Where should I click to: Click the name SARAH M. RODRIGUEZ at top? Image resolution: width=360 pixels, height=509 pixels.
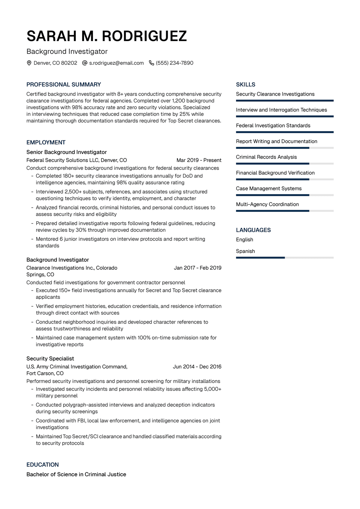tap(106, 36)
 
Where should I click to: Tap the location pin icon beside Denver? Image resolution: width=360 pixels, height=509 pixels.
tap(29, 63)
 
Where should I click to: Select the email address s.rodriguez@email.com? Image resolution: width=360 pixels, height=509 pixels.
tap(116, 63)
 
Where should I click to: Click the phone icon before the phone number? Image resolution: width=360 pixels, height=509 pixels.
tap(151, 63)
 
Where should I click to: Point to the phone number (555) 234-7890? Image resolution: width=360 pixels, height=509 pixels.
tap(175, 63)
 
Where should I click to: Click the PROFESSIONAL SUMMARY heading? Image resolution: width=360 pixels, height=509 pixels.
tap(64, 85)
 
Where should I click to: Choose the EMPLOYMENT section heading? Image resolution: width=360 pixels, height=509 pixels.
tap(46, 142)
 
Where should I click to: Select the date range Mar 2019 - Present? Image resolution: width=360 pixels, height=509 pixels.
tap(199, 160)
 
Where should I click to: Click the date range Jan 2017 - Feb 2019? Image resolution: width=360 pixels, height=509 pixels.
tap(197, 268)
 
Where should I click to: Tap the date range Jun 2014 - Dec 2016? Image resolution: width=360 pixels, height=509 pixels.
tap(197, 367)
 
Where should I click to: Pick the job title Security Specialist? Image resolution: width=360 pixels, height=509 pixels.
tap(50, 358)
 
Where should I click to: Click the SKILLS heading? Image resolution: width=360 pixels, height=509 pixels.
tap(245, 85)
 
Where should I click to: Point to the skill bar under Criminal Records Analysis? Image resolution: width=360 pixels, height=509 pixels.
tap(284, 163)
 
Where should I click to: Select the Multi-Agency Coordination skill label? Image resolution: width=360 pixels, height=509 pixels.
tap(267, 204)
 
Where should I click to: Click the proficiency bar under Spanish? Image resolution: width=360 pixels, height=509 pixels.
tap(284, 258)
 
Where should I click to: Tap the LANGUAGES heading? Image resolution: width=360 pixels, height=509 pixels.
tap(253, 230)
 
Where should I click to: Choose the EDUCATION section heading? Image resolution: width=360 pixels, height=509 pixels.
tap(43, 465)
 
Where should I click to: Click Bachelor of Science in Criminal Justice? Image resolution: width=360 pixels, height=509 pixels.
tap(76, 474)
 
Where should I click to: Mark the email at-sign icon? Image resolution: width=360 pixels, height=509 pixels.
tap(85, 63)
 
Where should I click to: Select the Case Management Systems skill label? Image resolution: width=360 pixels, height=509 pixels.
tap(268, 188)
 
